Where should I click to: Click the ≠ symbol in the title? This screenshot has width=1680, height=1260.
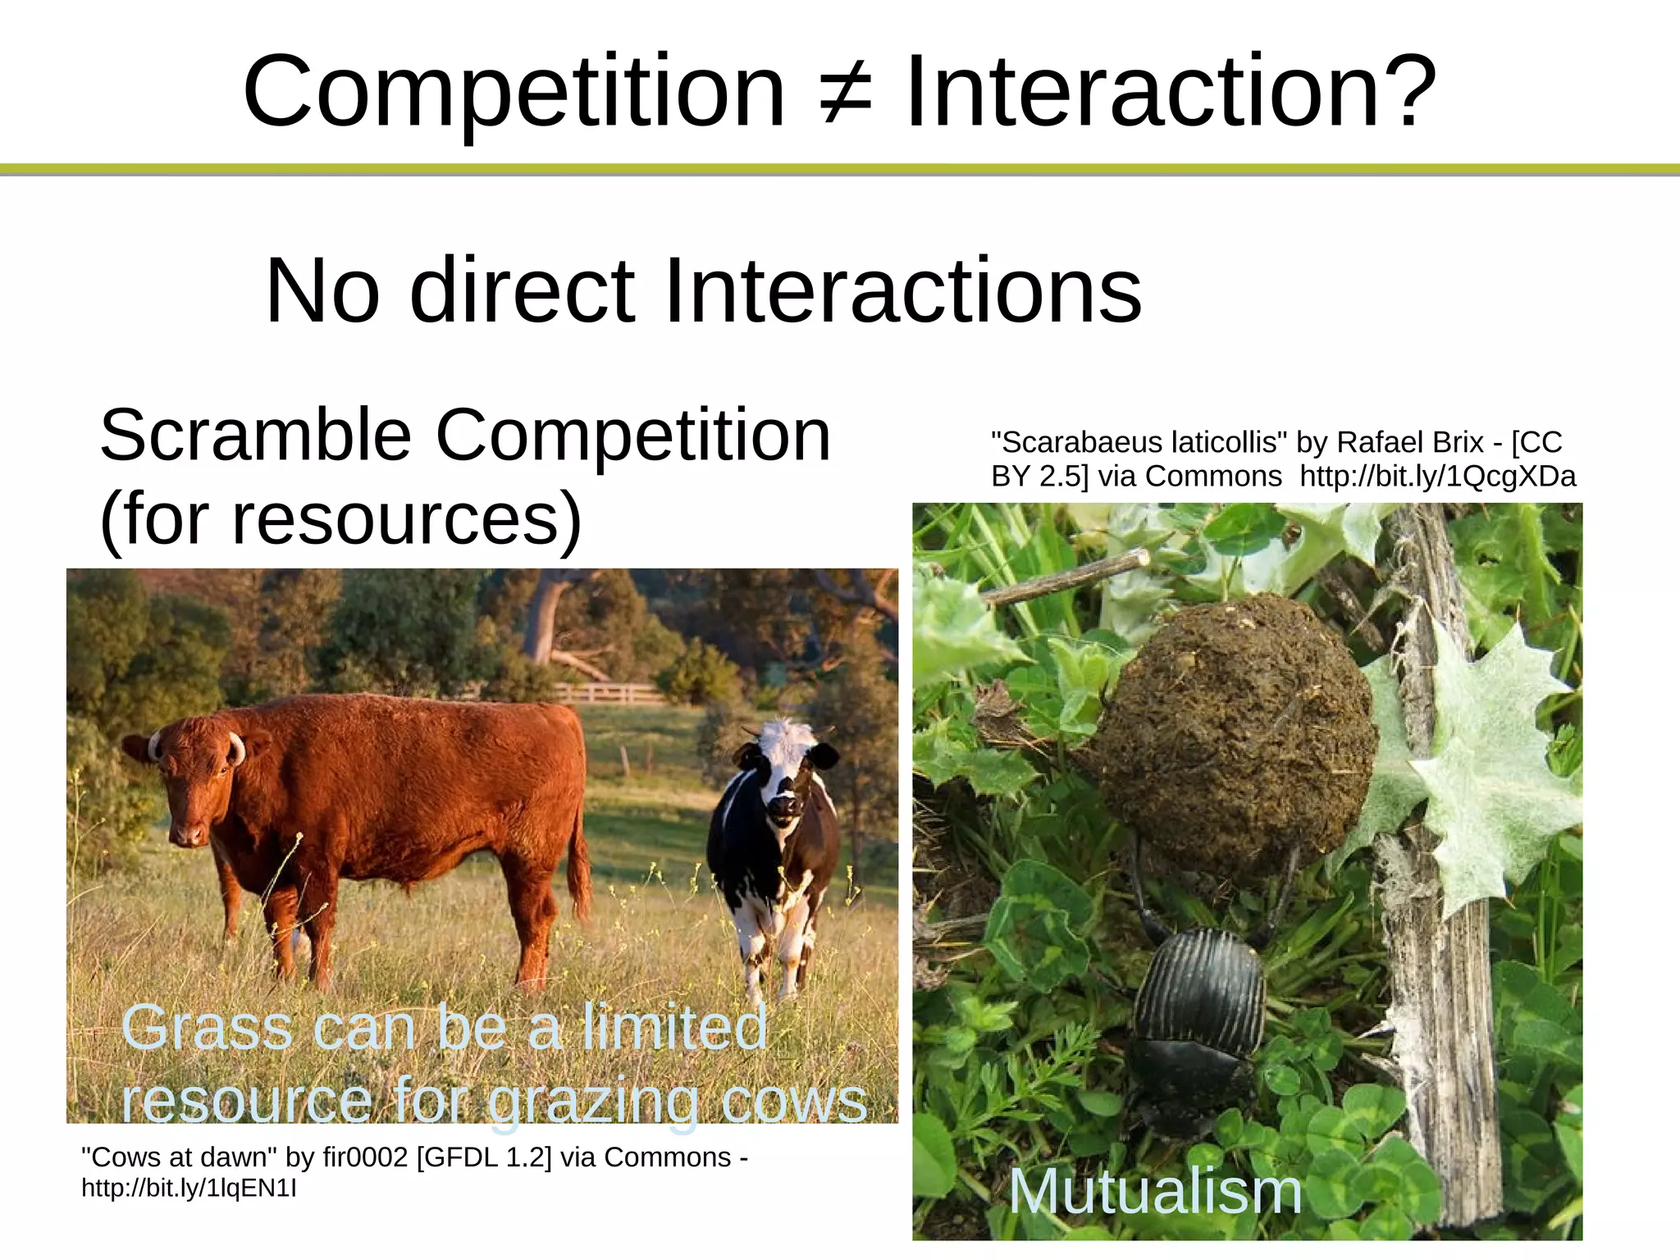pos(845,92)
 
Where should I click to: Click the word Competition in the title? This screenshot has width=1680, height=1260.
pos(514,92)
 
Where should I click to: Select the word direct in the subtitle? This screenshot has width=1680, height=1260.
pos(522,291)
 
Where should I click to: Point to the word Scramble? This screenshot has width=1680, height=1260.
pos(255,436)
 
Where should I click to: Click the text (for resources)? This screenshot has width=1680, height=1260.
pos(340,518)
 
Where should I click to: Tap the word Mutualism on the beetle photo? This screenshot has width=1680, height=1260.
pos(1155,1191)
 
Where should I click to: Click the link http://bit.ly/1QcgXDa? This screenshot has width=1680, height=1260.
pos(1438,477)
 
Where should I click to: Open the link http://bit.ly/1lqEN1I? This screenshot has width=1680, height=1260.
pos(189,1188)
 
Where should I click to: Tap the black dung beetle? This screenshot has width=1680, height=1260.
pos(1198,1025)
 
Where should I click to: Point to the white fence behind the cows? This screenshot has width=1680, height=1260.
pos(607,693)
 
